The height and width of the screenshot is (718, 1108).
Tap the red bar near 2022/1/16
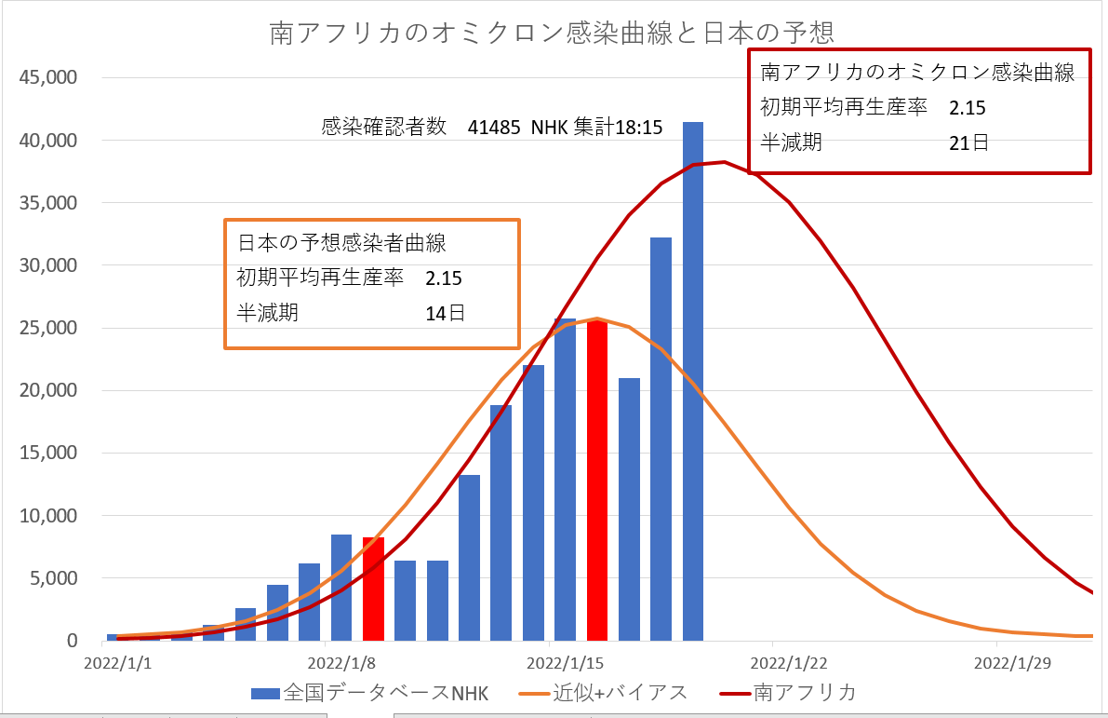(x=597, y=481)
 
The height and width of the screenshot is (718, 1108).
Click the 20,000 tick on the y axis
(x=49, y=390)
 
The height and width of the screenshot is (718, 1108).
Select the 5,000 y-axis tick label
(x=53, y=578)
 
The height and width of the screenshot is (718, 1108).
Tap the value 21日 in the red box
(x=968, y=143)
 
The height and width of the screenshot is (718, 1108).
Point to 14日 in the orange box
(x=445, y=313)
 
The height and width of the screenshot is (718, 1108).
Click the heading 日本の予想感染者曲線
(x=342, y=244)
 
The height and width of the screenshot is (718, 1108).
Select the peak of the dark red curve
(x=724, y=162)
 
